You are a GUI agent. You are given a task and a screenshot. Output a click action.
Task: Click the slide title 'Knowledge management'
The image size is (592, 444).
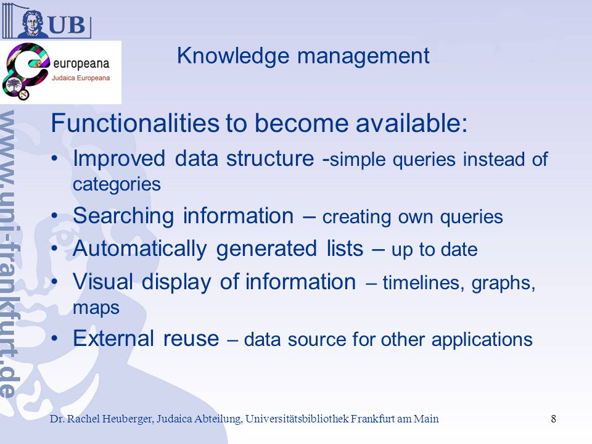coord(303,57)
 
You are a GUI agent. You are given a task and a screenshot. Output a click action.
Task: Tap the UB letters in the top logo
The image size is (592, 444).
coord(67,25)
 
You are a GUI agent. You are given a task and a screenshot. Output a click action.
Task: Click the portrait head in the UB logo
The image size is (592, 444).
coord(33,23)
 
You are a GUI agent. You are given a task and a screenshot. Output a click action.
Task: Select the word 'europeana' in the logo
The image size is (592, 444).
coord(81,64)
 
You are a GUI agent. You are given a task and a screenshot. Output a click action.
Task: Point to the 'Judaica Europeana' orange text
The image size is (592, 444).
coord(81,78)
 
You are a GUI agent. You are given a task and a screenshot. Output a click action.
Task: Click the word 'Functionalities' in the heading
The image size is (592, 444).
coord(135,123)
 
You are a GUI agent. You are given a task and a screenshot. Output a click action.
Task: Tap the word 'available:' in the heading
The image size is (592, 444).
coord(411,123)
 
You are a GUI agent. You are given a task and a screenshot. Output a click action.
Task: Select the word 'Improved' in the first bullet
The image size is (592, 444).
coord(119,158)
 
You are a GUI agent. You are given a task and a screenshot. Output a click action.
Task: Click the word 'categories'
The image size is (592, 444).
coord(117,185)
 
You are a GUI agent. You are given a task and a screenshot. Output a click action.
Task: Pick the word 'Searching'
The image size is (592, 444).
coord(123,216)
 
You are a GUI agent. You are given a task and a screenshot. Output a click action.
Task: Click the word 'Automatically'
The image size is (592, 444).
coord(140,250)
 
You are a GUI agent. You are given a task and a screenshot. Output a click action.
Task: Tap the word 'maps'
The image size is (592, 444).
coord(96,308)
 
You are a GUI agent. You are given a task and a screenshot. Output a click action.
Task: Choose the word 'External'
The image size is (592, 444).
coord(113,338)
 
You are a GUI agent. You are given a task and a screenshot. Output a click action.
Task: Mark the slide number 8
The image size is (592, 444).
coord(554,419)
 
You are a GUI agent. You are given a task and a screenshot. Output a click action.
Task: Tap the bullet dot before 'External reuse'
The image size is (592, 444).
coord(55,339)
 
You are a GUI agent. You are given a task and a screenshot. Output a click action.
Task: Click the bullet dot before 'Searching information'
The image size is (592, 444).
coord(55,216)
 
